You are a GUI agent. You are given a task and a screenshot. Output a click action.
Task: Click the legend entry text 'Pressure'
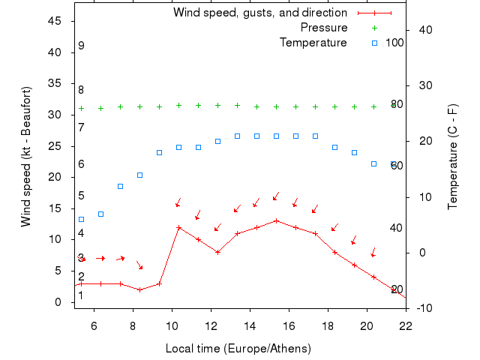tap(324, 28)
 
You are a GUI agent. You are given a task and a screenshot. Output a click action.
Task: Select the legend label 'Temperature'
tap(313, 43)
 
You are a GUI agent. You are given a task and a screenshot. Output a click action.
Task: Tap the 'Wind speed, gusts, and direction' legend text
tap(260, 13)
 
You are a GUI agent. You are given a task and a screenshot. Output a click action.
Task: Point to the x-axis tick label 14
tap(250, 325)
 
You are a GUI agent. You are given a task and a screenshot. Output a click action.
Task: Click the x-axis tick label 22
tap(406, 325)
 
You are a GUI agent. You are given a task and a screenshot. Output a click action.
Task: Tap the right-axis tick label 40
tap(421, 30)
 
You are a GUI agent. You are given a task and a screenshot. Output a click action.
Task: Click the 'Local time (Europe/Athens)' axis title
tap(238, 349)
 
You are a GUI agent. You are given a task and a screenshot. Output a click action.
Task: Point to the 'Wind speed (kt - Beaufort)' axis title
tap(26, 157)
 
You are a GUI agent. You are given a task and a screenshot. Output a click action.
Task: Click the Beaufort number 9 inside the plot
tap(81, 46)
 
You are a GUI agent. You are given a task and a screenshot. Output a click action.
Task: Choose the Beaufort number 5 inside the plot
tap(81, 196)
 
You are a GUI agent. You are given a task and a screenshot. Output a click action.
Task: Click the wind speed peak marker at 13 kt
tap(276, 220)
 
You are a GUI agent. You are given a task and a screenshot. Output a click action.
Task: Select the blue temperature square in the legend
tap(374, 43)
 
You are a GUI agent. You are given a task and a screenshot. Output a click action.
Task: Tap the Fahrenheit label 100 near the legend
tap(394, 43)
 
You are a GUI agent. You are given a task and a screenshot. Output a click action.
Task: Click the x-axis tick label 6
tap(94, 325)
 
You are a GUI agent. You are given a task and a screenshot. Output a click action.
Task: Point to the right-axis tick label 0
tap(422, 253)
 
